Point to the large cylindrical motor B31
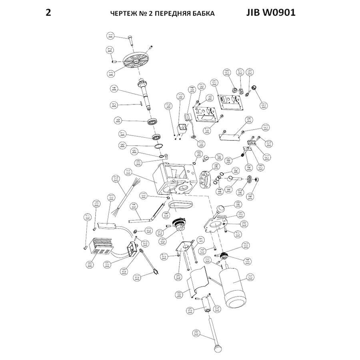pyautogui.click(x=233, y=287)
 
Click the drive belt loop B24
pyautogui.click(x=181, y=205)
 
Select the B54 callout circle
pyautogui.click(x=248, y=120)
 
